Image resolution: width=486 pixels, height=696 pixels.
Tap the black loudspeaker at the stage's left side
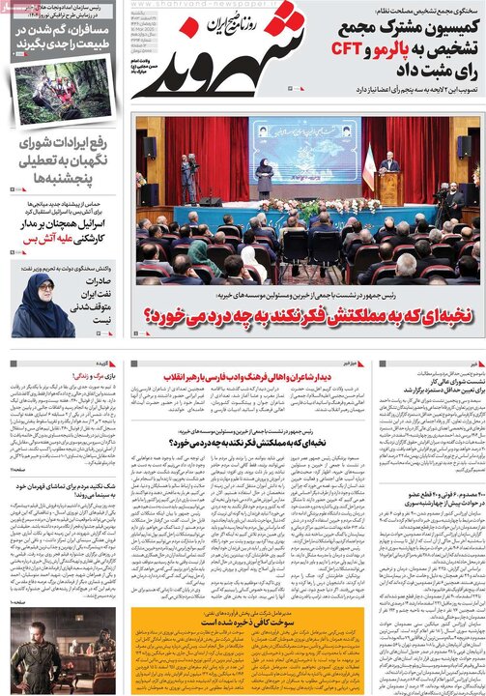[x=149, y=148]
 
